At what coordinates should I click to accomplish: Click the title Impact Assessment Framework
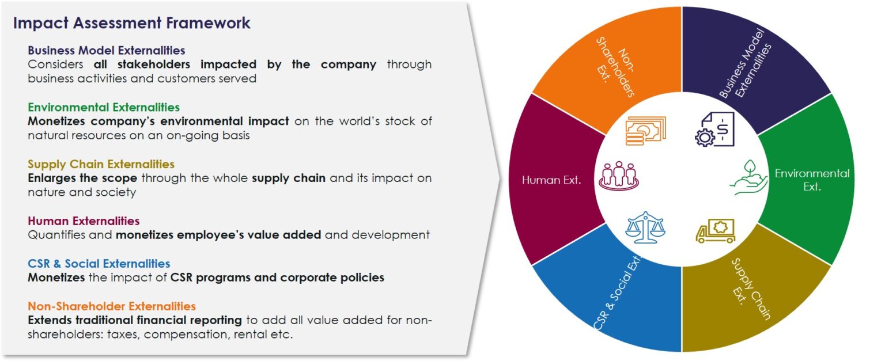[x=131, y=23]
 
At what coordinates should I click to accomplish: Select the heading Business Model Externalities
[x=106, y=50]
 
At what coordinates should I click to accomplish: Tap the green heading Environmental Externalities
[x=104, y=107]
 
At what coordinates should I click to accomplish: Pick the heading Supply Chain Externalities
[x=101, y=164]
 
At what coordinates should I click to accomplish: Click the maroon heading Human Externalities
[x=84, y=221]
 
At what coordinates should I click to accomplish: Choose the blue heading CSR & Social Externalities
[x=99, y=264]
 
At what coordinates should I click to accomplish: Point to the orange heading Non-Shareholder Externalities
[x=112, y=306]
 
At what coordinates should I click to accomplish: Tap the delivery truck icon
[x=716, y=231]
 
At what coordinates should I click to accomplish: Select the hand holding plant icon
[x=748, y=177]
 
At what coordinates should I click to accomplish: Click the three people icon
[x=619, y=176]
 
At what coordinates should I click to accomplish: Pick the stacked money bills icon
[x=645, y=131]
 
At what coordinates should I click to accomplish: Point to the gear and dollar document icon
[x=714, y=129]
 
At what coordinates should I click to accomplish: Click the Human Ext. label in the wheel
[x=551, y=180]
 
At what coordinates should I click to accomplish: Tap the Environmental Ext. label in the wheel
[x=812, y=180]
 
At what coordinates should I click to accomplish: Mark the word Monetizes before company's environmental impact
[x=56, y=121]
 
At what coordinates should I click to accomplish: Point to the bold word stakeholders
[x=154, y=64]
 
